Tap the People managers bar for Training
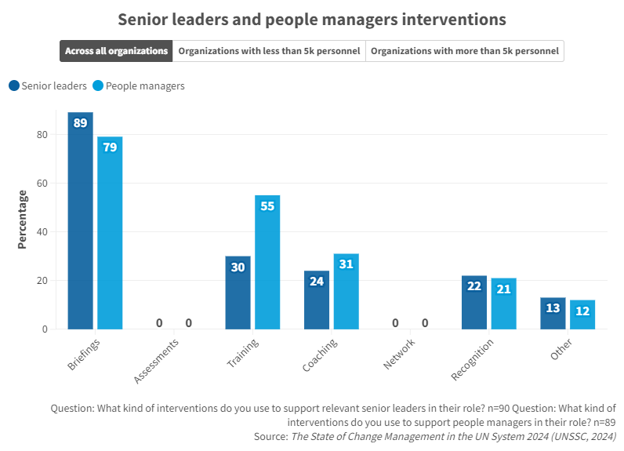(267, 262)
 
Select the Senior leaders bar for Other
(553, 313)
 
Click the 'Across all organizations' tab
(116, 51)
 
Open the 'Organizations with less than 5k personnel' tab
(269, 51)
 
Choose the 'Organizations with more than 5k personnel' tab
(465, 51)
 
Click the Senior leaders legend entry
(48, 85)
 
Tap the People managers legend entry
(138, 85)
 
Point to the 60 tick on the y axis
(42, 184)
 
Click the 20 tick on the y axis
(42, 281)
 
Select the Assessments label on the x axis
(157, 361)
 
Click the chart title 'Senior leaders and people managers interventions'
(311, 19)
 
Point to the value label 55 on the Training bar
(267, 206)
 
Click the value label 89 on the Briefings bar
(80, 123)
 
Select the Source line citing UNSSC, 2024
(434, 435)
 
